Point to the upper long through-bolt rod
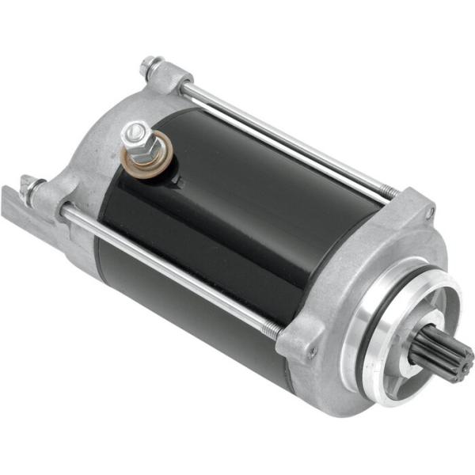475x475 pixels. point(285,142)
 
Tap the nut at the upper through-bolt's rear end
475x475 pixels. point(150,66)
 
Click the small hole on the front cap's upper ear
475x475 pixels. point(430,212)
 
